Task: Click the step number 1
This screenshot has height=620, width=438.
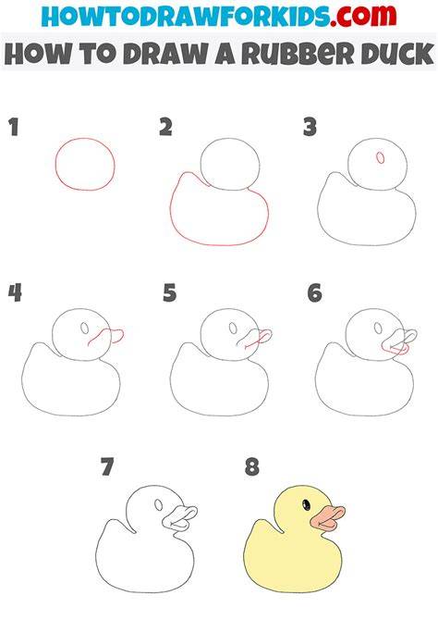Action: point(14,128)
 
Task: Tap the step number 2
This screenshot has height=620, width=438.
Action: point(166,128)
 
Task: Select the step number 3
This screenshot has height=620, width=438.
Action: point(310,128)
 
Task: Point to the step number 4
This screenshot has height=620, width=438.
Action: point(15,293)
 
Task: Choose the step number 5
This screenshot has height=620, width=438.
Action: point(170,293)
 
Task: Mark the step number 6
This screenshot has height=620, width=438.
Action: point(315,293)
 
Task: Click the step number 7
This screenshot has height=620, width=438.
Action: point(107,466)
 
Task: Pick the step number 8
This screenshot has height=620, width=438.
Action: point(252,466)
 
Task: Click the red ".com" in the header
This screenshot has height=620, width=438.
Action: point(363,16)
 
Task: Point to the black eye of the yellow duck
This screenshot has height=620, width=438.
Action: point(306,505)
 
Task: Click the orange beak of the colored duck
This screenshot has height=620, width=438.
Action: point(328,518)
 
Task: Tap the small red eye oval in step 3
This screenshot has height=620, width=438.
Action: point(381,157)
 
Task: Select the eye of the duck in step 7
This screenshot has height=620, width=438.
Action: point(159,505)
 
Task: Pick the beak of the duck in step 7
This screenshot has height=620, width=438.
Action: point(179,518)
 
